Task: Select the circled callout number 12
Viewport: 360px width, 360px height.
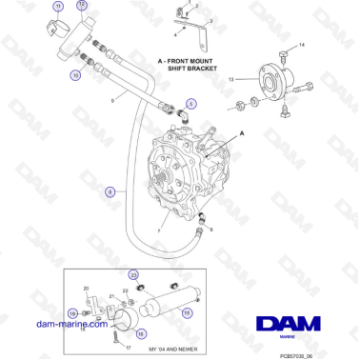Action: coord(81,6)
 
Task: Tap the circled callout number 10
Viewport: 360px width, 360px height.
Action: coord(75,73)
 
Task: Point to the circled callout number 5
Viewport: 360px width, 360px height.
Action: coord(190,103)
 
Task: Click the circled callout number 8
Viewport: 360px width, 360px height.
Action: coord(110,191)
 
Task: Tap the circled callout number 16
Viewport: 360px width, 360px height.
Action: coord(141,332)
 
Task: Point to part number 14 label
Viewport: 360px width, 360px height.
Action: coord(302,46)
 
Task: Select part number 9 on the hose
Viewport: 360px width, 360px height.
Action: coord(113,99)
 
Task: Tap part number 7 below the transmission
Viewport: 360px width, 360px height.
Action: coord(171,231)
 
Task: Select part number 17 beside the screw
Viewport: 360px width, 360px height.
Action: coord(127,348)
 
